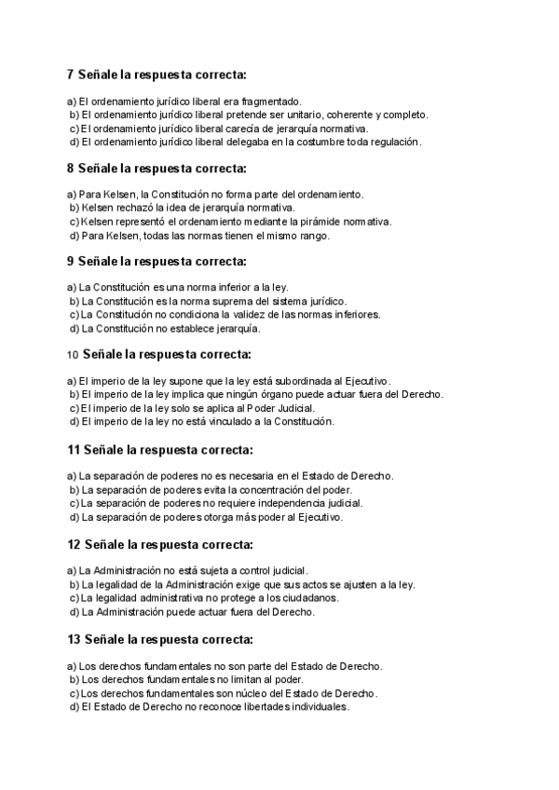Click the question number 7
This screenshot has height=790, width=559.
click(71, 74)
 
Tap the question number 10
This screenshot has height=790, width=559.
click(73, 355)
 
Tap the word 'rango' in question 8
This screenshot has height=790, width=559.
click(313, 236)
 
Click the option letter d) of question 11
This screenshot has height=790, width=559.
click(74, 517)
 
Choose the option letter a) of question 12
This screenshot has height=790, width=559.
click(72, 570)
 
